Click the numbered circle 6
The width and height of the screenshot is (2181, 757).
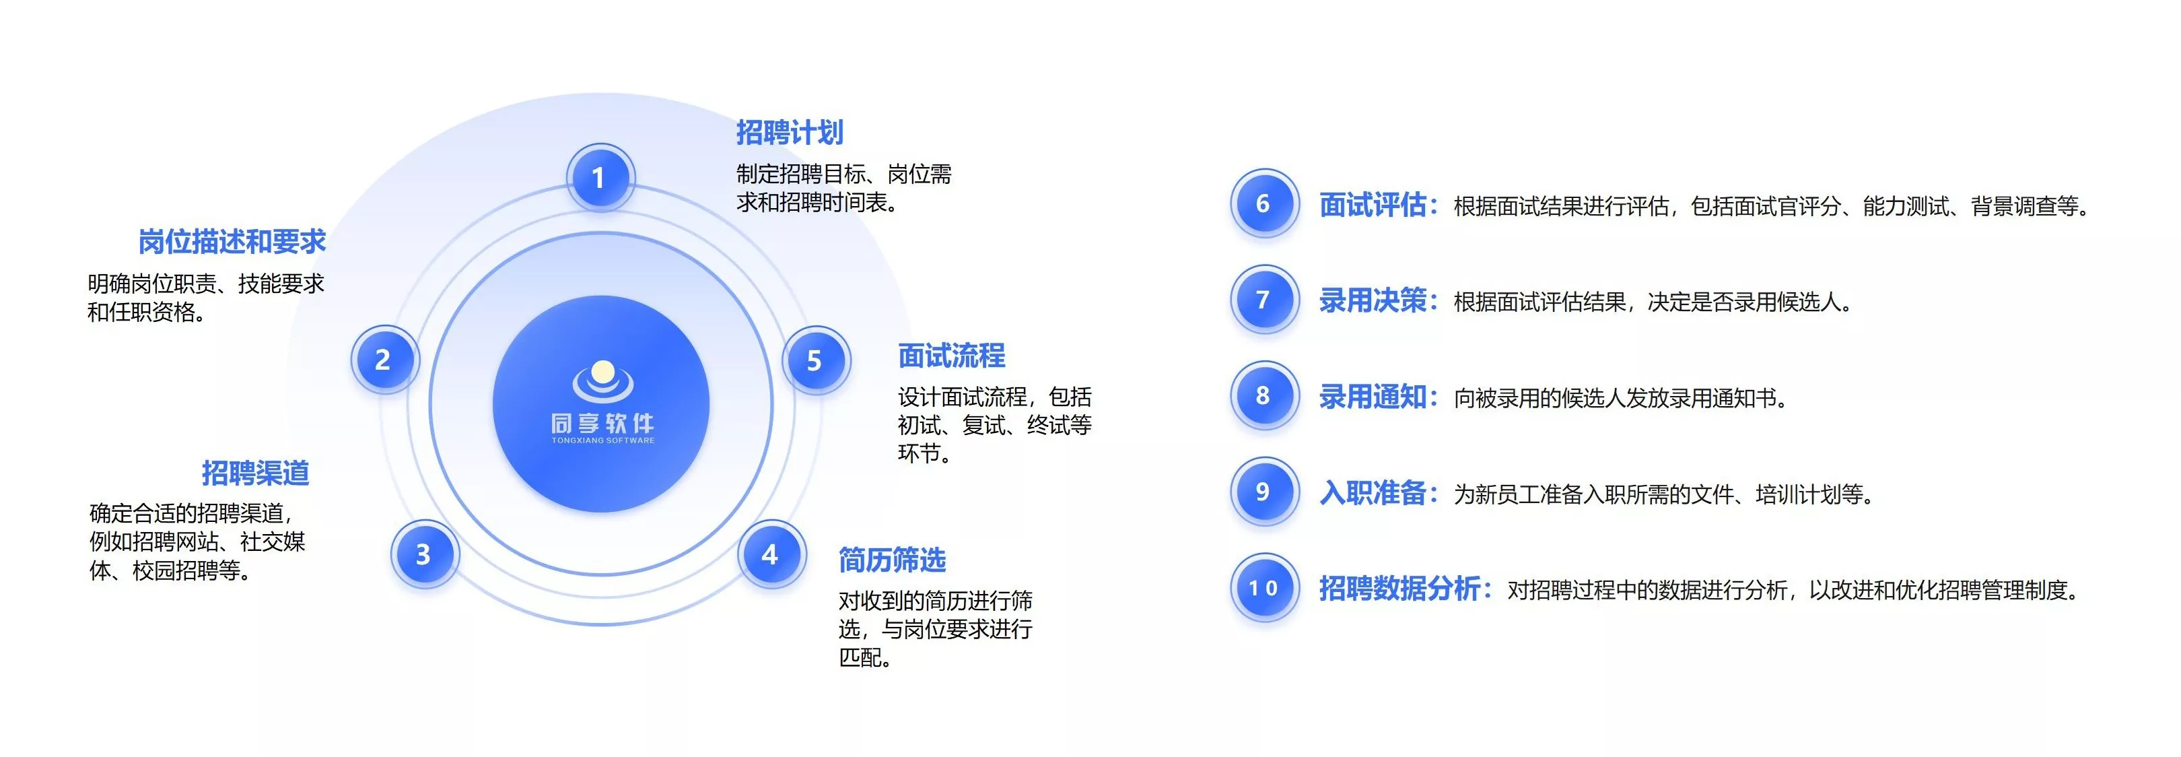1264,203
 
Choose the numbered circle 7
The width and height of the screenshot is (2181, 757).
1264,300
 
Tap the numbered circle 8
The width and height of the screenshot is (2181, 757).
1264,395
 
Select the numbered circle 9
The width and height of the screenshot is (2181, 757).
1264,492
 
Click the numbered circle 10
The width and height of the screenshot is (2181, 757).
1264,588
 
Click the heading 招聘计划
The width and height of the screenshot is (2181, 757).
789,133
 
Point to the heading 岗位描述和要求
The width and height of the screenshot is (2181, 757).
232,242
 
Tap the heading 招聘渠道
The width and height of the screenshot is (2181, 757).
255,473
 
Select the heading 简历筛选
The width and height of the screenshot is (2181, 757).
893,560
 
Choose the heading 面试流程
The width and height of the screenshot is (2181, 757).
952,356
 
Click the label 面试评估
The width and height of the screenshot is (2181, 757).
1373,205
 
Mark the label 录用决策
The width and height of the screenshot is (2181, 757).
1373,300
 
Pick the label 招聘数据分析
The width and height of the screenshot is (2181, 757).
1399,589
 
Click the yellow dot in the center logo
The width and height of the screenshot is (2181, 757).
603,372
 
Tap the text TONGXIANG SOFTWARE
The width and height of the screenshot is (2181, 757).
603,440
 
